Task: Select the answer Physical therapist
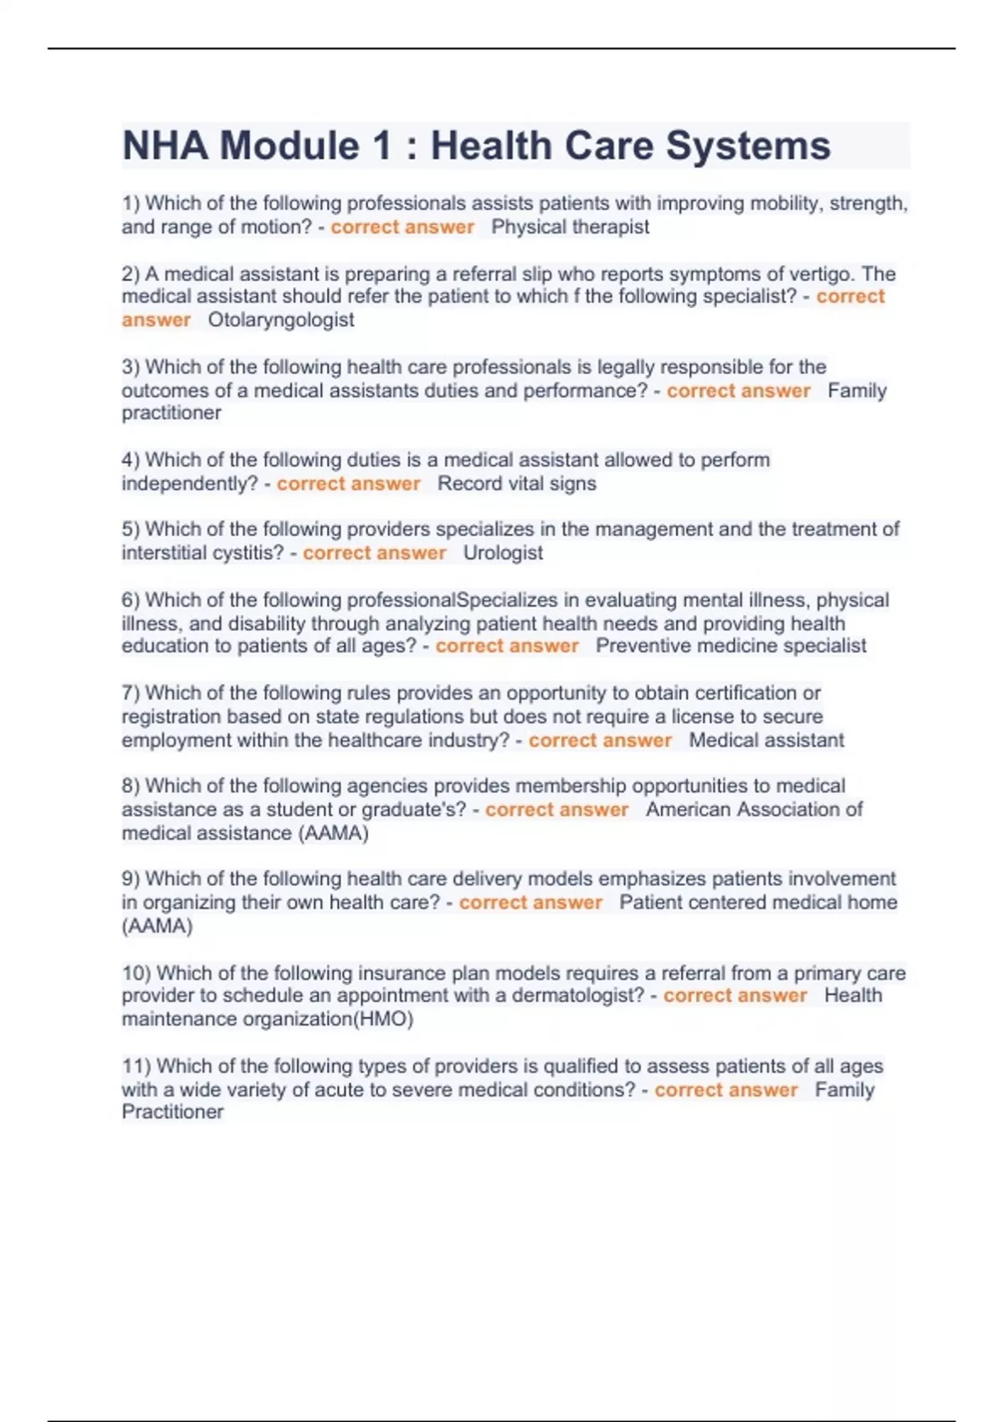570,227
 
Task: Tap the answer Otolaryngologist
281,320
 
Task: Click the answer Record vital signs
516,483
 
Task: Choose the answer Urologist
503,553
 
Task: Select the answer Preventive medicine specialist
730,646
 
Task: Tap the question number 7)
131,693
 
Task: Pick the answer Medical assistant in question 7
766,740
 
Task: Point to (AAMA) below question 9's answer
157,926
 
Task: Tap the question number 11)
136,1066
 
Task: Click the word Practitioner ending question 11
172,1112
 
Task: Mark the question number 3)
131,366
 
